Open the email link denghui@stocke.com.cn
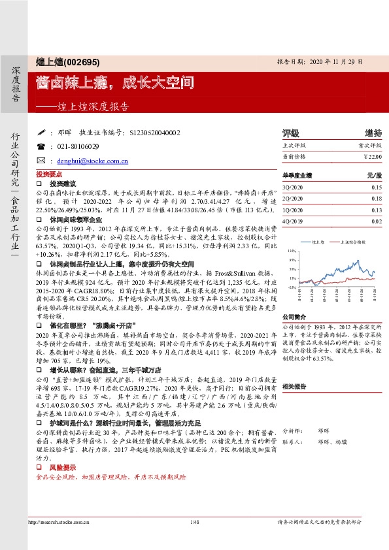coord(92,161)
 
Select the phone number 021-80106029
coord(78,147)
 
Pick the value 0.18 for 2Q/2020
coord(377,199)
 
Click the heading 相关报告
coord(294,387)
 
